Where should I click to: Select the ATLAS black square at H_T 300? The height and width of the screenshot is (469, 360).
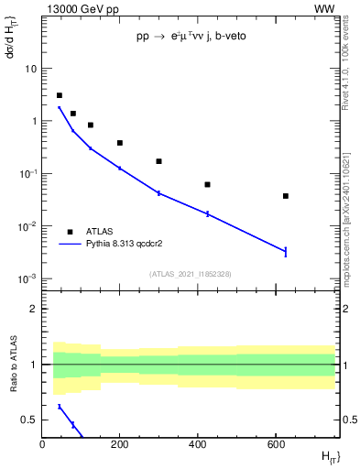[159, 161]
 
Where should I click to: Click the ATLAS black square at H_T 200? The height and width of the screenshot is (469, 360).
[120, 143]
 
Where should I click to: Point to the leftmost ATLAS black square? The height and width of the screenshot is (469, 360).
[60, 95]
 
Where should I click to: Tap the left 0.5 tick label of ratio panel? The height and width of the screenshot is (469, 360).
[30, 420]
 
